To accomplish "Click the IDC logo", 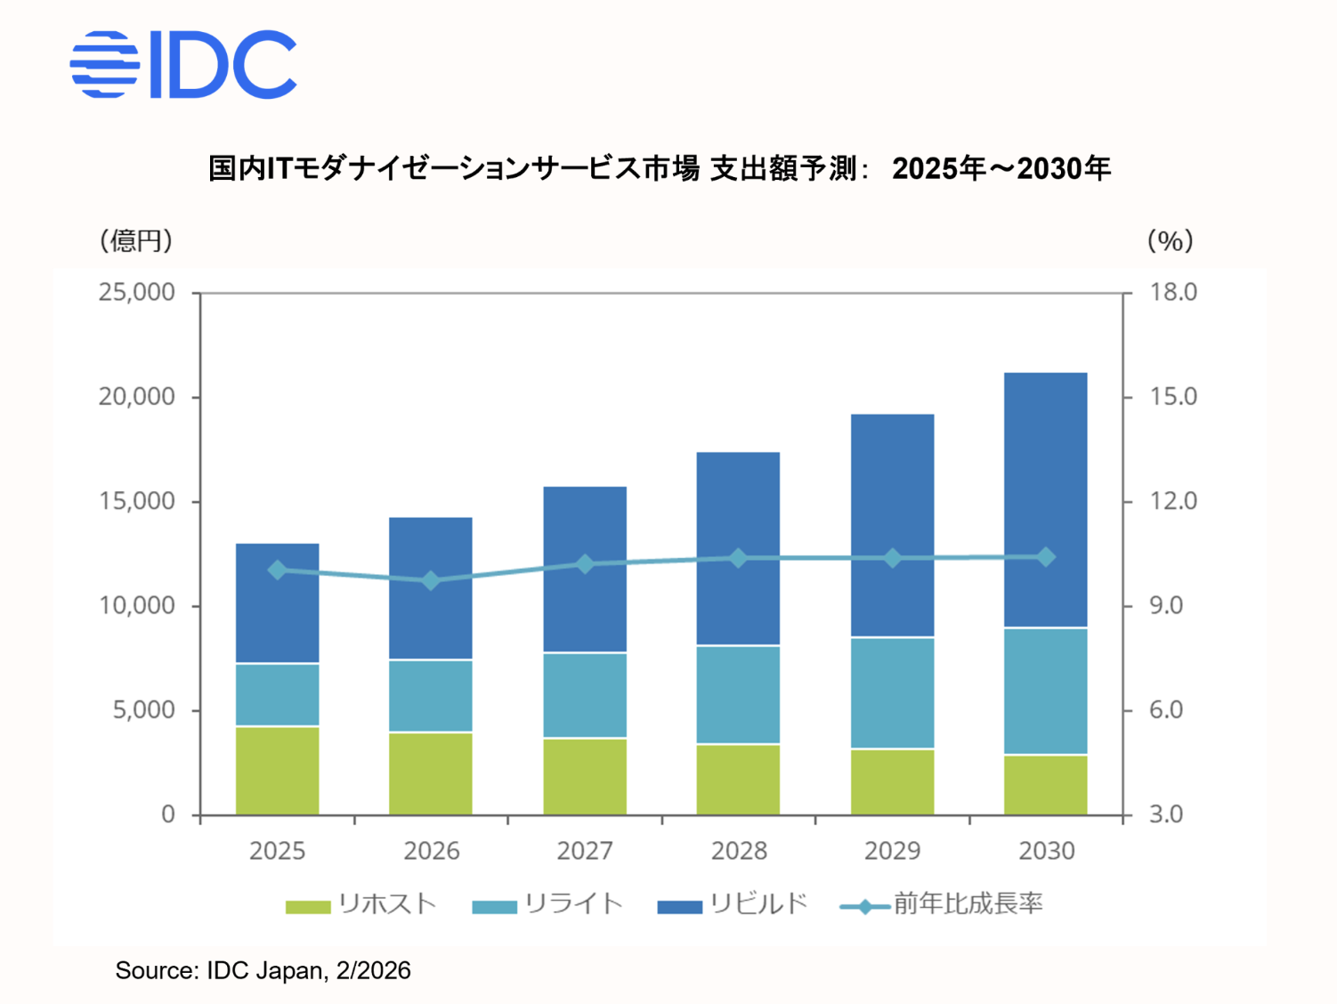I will [182, 64].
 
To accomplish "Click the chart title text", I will [659, 168].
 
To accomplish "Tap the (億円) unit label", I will [135, 240].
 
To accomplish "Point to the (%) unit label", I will [1170, 240].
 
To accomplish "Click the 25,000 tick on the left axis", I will [136, 292].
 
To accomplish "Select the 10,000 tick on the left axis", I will [136, 605].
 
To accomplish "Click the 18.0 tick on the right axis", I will [1173, 292].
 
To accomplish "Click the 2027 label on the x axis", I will [585, 851].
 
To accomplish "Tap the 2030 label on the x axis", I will [1046, 851].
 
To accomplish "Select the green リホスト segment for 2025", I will [277, 771].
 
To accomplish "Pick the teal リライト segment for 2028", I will [738, 694].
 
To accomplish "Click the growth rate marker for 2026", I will [431, 580].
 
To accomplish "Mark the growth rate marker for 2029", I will [892, 558].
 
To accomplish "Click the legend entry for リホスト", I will [361, 904].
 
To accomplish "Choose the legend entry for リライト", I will [547, 904].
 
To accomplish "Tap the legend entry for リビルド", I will [732, 904].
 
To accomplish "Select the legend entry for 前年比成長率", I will [942, 904].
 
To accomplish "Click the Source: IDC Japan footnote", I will [263, 970].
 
